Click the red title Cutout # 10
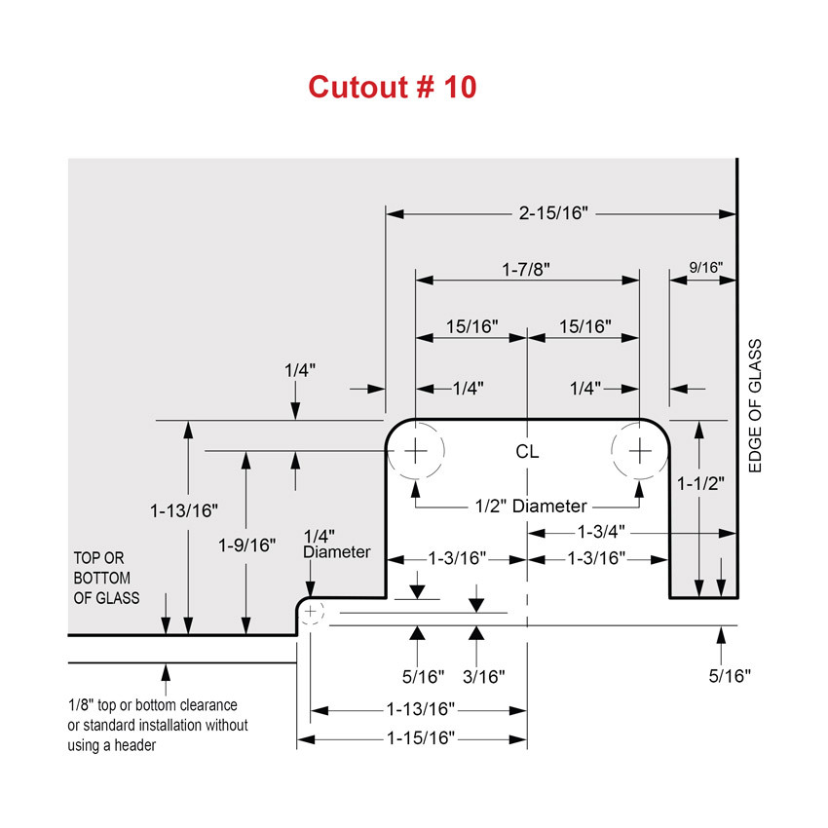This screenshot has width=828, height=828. click(x=393, y=87)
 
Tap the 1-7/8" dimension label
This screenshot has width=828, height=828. click(x=527, y=269)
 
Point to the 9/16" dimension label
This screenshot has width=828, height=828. click(x=705, y=267)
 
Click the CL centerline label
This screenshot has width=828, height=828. click(x=527, y=452)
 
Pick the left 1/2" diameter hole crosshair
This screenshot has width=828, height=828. click(x=416, y=451)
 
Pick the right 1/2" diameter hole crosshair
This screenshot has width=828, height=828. click(x=639, y=451)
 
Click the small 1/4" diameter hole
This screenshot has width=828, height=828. click(x=311, y=612)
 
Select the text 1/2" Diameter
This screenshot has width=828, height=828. click(x=531, y=506)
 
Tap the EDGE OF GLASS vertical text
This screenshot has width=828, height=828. click(x=755, y=406)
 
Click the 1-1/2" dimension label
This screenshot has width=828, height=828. click(x=701, y=484)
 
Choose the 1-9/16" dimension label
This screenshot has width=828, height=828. click(x=247, y=545)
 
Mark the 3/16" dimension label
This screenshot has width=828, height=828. click(x=482, y=675)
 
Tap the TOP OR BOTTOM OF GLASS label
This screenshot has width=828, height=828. click(x=107, y=578)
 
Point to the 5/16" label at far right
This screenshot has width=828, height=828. click(x=730, y=675)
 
